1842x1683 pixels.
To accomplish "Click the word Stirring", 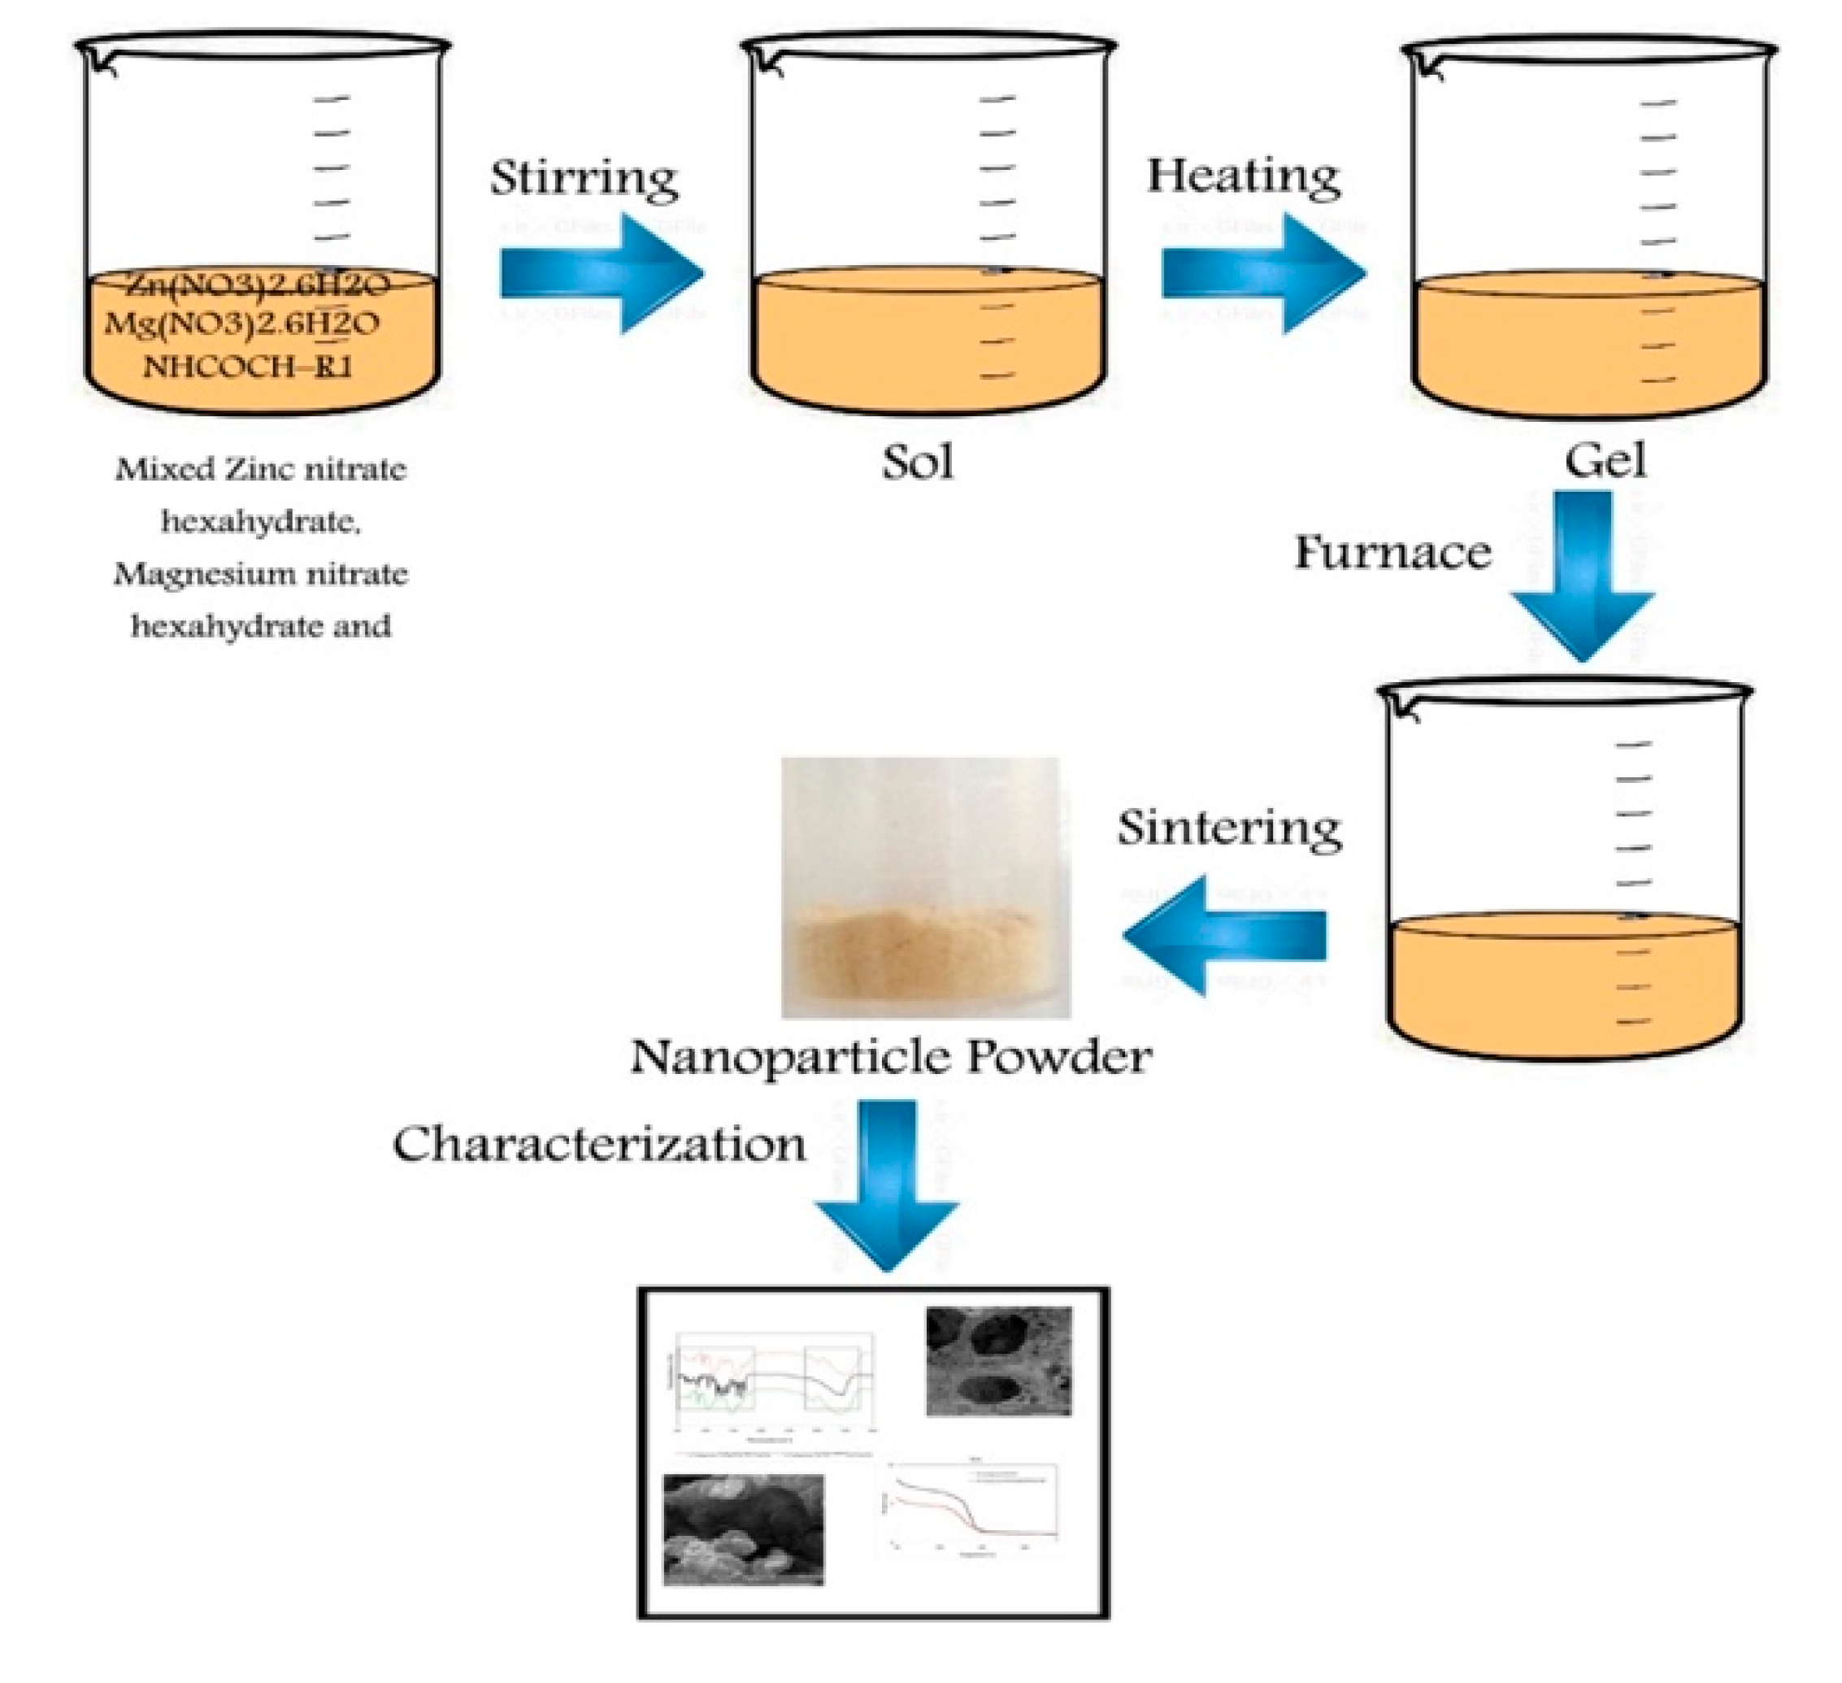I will pyautogui.click(x=584, y=178).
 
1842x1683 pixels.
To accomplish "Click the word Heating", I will pyautogui.click(x=1244, y=176).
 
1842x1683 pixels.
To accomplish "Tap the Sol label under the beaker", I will pyautogui.click(x=918, y=463).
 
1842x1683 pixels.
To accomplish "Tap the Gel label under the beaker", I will pyautogui.click(x=1605, y=460).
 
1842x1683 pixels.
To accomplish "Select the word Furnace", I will pyautogui.click(x=1392, y=553).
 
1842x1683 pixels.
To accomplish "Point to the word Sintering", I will pyautogui.click(x=1230, y=828).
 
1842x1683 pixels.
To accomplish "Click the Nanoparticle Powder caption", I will pyautogui.click(x=891, y=1057).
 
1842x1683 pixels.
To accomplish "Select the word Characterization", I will pyautogui.click(x=599, y=1145).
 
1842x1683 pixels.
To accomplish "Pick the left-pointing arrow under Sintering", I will pyautogui.click(x=1224, y=935).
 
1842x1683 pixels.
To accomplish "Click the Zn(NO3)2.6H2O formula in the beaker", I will pyautogui.click(x=258, y=286).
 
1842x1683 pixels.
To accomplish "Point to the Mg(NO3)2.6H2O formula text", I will pyautogui.click(x=243, y=324).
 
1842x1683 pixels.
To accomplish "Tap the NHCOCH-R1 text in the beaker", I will pyautogui.click(x=246, y=367).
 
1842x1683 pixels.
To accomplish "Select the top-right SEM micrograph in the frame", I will pyautogui.click(x=999, y=1361).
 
